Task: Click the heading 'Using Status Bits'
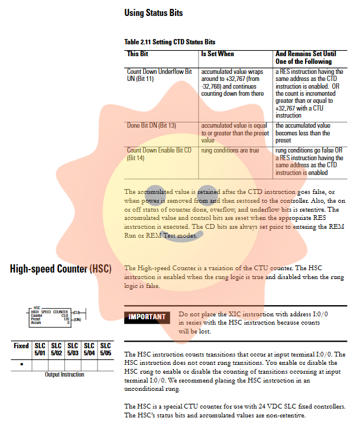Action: click(154, 12)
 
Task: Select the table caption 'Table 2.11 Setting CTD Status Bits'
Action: click(170, 42)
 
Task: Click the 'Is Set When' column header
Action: click(218, 54)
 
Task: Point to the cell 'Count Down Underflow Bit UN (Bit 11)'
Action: click(160, 75)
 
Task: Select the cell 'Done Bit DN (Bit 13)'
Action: click(151, 126)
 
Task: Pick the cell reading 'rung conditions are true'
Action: click(230, 150)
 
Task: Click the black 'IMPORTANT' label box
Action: click(147, 317)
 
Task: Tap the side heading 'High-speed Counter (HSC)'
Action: click(60, 270)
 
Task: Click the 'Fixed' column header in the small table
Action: click(21, 346)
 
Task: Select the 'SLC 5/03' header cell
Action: click(73, 349)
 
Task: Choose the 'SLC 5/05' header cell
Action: click(105, 349)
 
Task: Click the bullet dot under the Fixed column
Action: click(21, 364)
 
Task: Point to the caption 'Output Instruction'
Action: click(64, 375)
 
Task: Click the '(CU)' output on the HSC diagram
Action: click(77, 312)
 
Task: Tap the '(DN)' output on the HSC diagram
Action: click(77, 319)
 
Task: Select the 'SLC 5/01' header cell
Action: click(40, 349)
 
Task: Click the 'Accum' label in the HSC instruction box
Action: click(36, 323)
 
